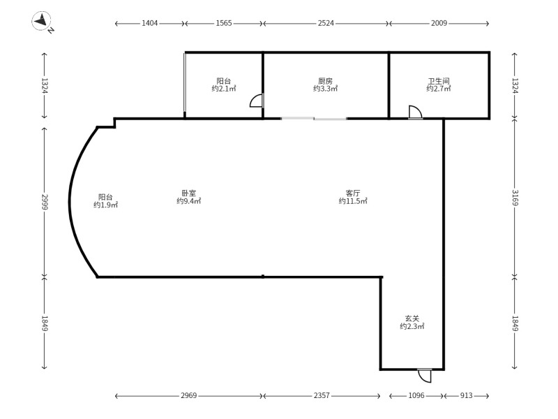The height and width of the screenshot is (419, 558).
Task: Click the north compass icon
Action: click(x=42, y=21)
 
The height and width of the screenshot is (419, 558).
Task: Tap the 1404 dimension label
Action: click(x=149, y=23)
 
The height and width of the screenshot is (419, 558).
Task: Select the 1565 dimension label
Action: click(x=224, y=23)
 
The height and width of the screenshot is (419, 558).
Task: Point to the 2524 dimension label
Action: click(x=326, y=23)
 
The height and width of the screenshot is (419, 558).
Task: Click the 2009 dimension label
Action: click(x=439, y=23)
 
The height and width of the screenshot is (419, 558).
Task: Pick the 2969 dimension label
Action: click(x=188, y=395)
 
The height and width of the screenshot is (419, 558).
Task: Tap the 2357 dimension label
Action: click(x=322, y=395)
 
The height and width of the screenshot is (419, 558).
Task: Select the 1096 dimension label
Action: click(x=416, y=395)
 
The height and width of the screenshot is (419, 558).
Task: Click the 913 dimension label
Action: click(x=466, y=395)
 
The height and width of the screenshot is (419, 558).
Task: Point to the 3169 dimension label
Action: click(x=515, y=198)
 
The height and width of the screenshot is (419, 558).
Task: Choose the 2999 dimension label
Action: click(x=45, y=202)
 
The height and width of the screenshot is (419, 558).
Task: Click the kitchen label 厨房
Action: click(x=325, y=81)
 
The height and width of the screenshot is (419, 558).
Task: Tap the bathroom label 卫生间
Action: click(x=439, y=81)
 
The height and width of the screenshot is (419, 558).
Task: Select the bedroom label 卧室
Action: click(x=188, y=193)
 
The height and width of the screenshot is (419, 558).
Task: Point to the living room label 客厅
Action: click(x=353, y=193)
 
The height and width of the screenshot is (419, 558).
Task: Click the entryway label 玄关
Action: click(x=412, y=318)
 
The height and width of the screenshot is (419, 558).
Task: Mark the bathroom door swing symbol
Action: click(x=415, y=112)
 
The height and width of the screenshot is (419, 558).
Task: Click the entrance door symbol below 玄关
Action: click(x=425, y=376)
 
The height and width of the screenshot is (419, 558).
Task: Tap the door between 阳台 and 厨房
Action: click(x=257, y=100)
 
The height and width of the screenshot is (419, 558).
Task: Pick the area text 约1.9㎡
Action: click(x=106, y=205)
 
